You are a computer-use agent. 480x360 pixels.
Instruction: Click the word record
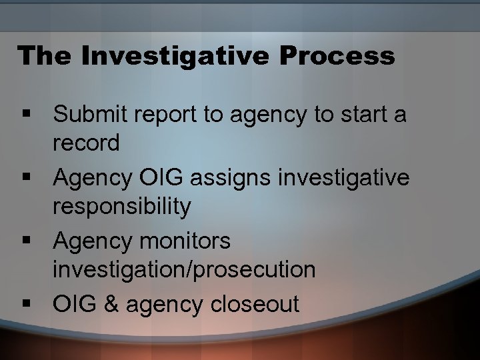pos(87,143)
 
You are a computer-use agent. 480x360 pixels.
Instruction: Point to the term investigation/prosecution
pos(185,270)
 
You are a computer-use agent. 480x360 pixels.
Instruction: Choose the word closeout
pos(255,305)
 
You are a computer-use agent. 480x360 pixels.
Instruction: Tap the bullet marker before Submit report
pos(27,115)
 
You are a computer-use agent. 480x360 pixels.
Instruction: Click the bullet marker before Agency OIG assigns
pos(27,179)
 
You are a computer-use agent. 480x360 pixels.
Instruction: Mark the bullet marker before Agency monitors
pos(27,241)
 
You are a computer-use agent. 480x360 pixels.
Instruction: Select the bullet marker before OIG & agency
pos(27,305)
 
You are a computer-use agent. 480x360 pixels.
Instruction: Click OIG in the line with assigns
pos(156,178)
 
